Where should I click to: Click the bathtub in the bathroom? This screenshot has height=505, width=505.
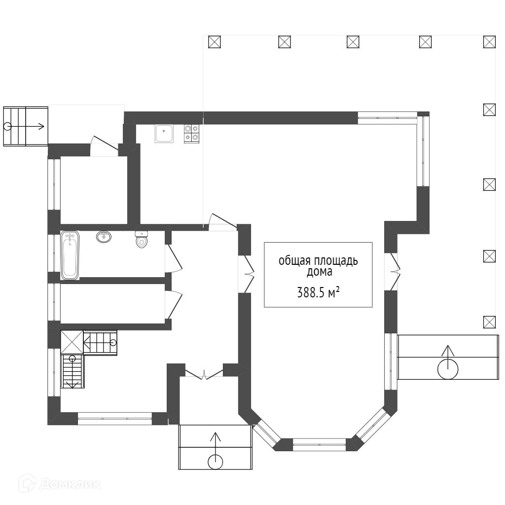click(x=70, y=255)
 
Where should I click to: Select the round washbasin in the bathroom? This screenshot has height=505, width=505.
click(x=104, y=237)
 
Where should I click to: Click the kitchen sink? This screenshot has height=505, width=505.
click(x=164, y=134)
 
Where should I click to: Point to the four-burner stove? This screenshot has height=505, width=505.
click(x=192, y=134)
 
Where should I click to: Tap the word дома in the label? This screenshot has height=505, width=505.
click(x=319, y=272)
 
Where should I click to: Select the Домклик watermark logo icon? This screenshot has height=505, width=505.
click(x=27, y=483)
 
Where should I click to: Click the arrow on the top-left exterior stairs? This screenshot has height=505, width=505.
click(x=26, y=126)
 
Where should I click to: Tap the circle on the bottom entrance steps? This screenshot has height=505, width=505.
click(x=216, y=462)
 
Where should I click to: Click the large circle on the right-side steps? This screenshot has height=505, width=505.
click(x=448, y=369)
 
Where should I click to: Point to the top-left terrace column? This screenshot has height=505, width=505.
click(x=215, y=42)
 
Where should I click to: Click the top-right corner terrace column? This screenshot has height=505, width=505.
click(x=490, y=42)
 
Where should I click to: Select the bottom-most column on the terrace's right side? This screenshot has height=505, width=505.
click(x=490, y=322)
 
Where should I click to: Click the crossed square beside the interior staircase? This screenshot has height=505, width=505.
click(x=72, y=342)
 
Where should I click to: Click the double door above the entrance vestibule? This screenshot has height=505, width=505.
click(x=205, y=374)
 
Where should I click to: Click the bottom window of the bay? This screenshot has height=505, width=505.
click(x=319, y=444)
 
